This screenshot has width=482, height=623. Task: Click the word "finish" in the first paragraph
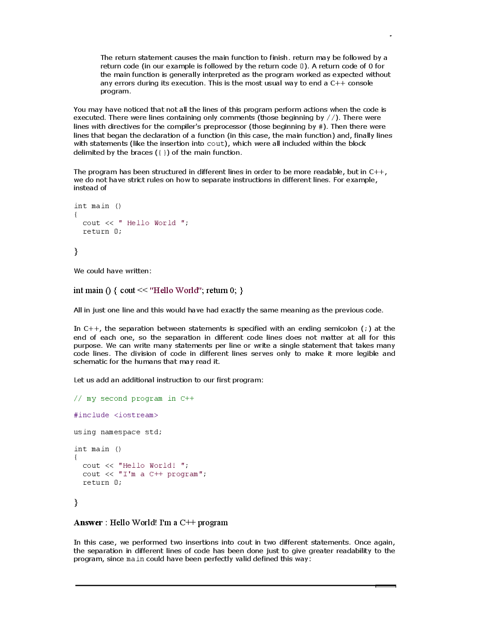[x=278, y=58]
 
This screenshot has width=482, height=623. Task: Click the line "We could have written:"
[x=112, y=271]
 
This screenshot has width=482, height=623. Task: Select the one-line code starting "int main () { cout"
[x=158, y=290]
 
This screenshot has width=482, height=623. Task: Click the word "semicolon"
[x=340, y=328]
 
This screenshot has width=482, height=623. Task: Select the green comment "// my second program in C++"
[x=134, y=398]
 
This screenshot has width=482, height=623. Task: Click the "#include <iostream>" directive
[x=116, y=415]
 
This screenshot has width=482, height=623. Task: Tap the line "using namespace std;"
[x=118, y=432]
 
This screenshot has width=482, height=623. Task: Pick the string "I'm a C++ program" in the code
[x=162, y=474]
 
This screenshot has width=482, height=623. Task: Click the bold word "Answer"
[x=88, y=522]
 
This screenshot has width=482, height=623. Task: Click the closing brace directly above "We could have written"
[x=76, y=252]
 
